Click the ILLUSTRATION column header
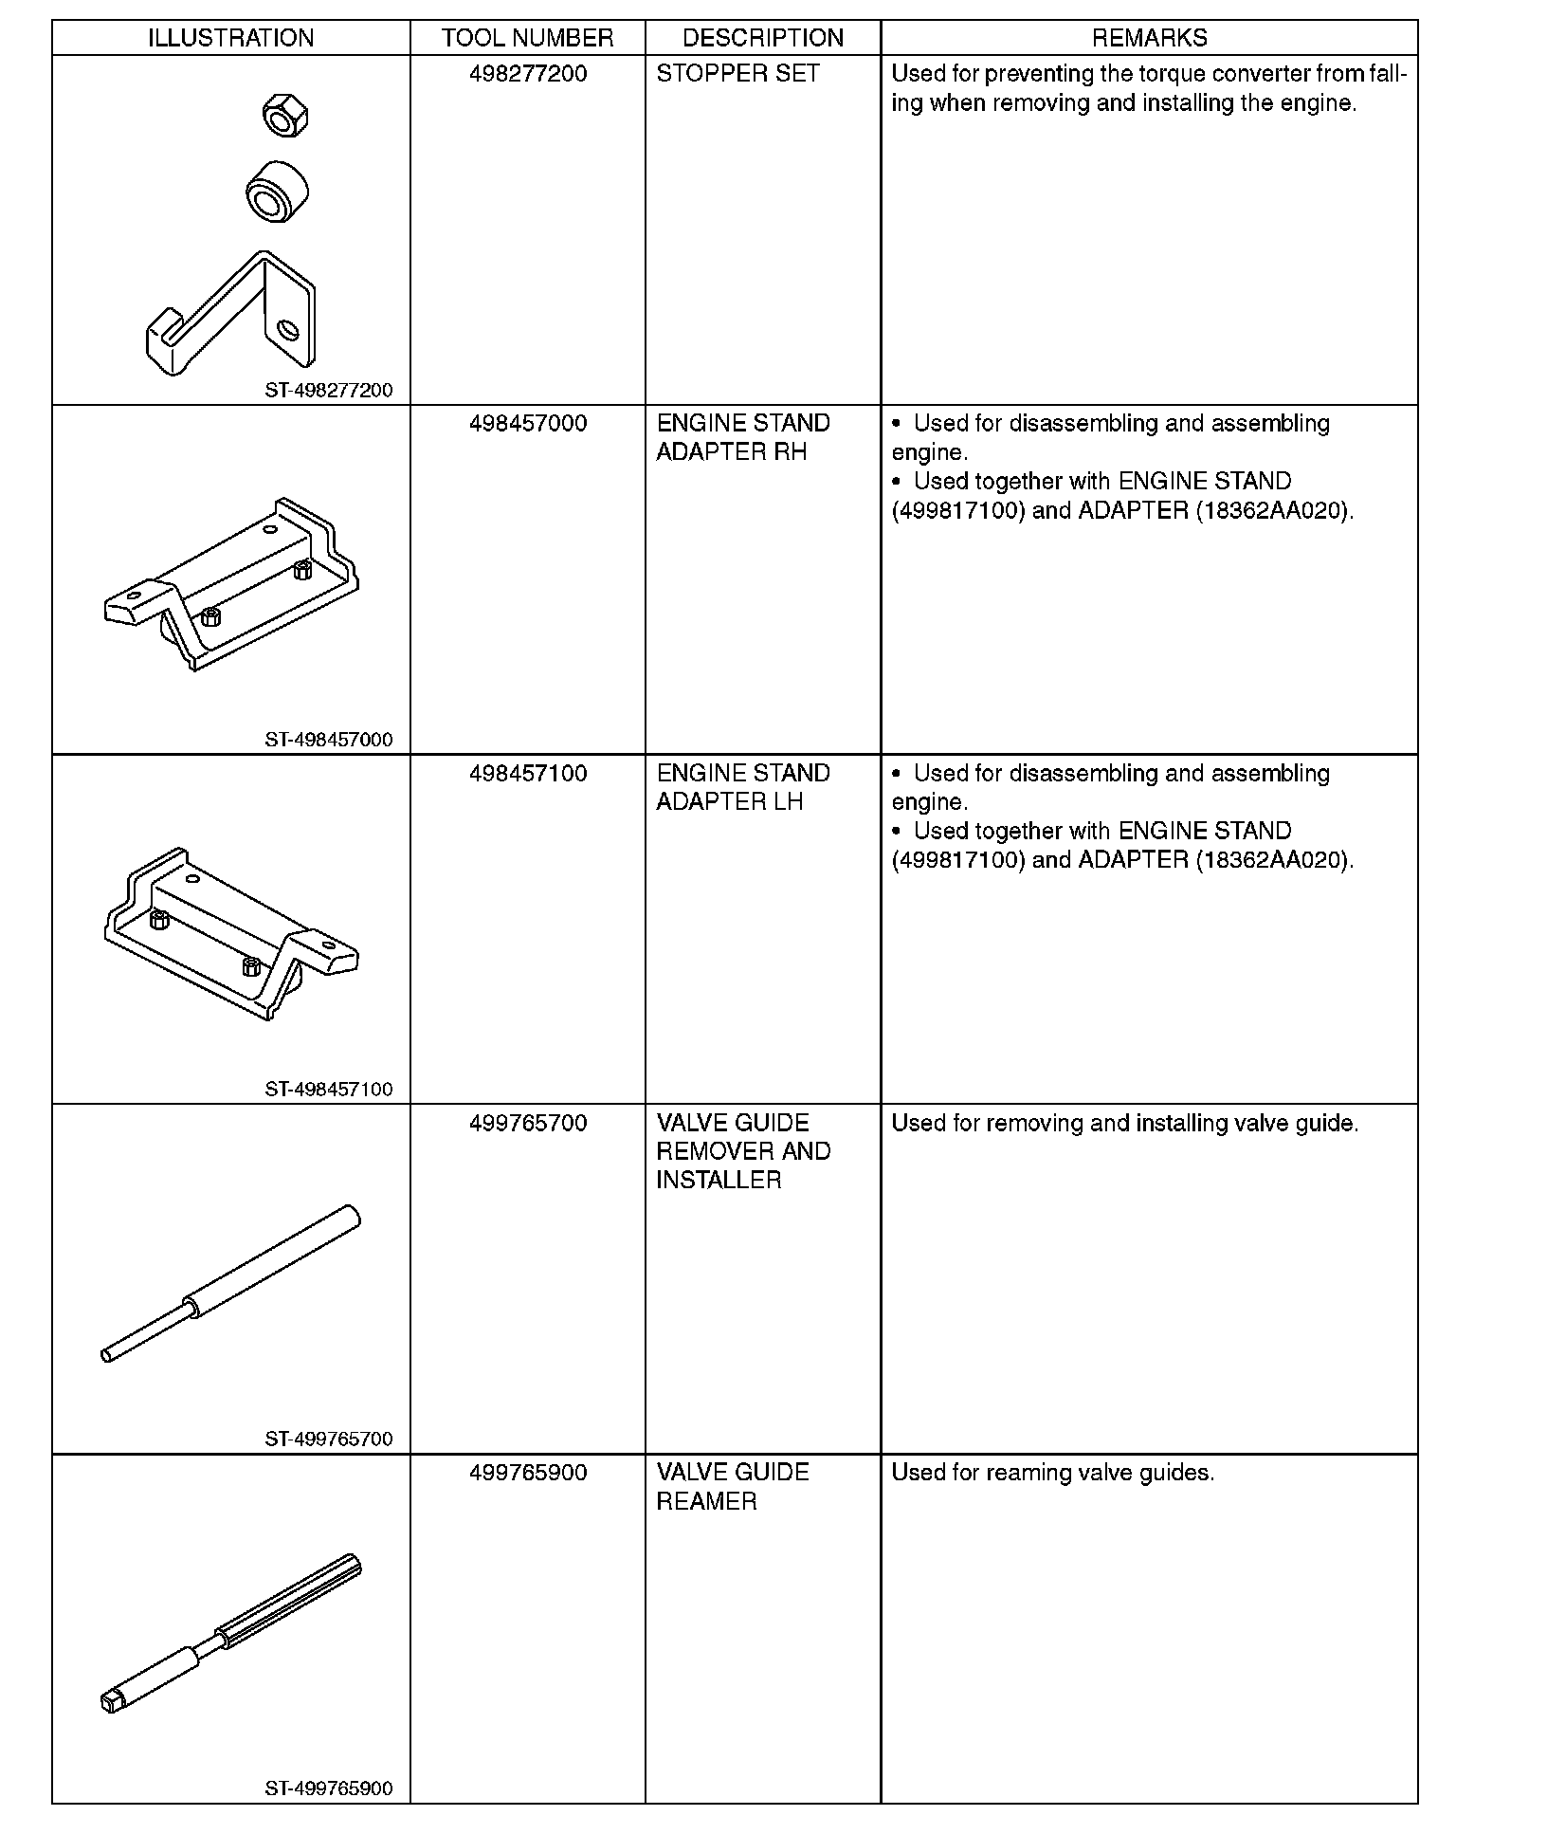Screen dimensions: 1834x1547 [x=230, y=38]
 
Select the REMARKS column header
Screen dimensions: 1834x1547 [x=1149, y=38]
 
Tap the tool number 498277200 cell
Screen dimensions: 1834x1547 [x=528, y=74]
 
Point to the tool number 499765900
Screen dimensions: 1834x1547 [x=528, y=1473]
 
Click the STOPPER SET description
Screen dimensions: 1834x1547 [x=737, y=74]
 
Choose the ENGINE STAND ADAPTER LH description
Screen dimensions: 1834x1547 [x=743, y=787]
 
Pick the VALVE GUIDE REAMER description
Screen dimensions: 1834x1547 [x=733, y=1487]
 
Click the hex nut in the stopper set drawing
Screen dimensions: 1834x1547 [x=285, y=116]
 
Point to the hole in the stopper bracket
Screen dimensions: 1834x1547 [x=288, y=330]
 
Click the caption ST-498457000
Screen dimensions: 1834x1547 [x=328, y=740]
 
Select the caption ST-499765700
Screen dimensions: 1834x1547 [x=328, y=1439]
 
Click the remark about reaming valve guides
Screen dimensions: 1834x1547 [x=1052, y=1473]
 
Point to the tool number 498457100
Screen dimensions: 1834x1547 [x=528, y=774]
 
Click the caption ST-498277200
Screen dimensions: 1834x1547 [x=328, y=390]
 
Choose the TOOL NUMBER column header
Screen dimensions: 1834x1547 [x=527, y=38]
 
